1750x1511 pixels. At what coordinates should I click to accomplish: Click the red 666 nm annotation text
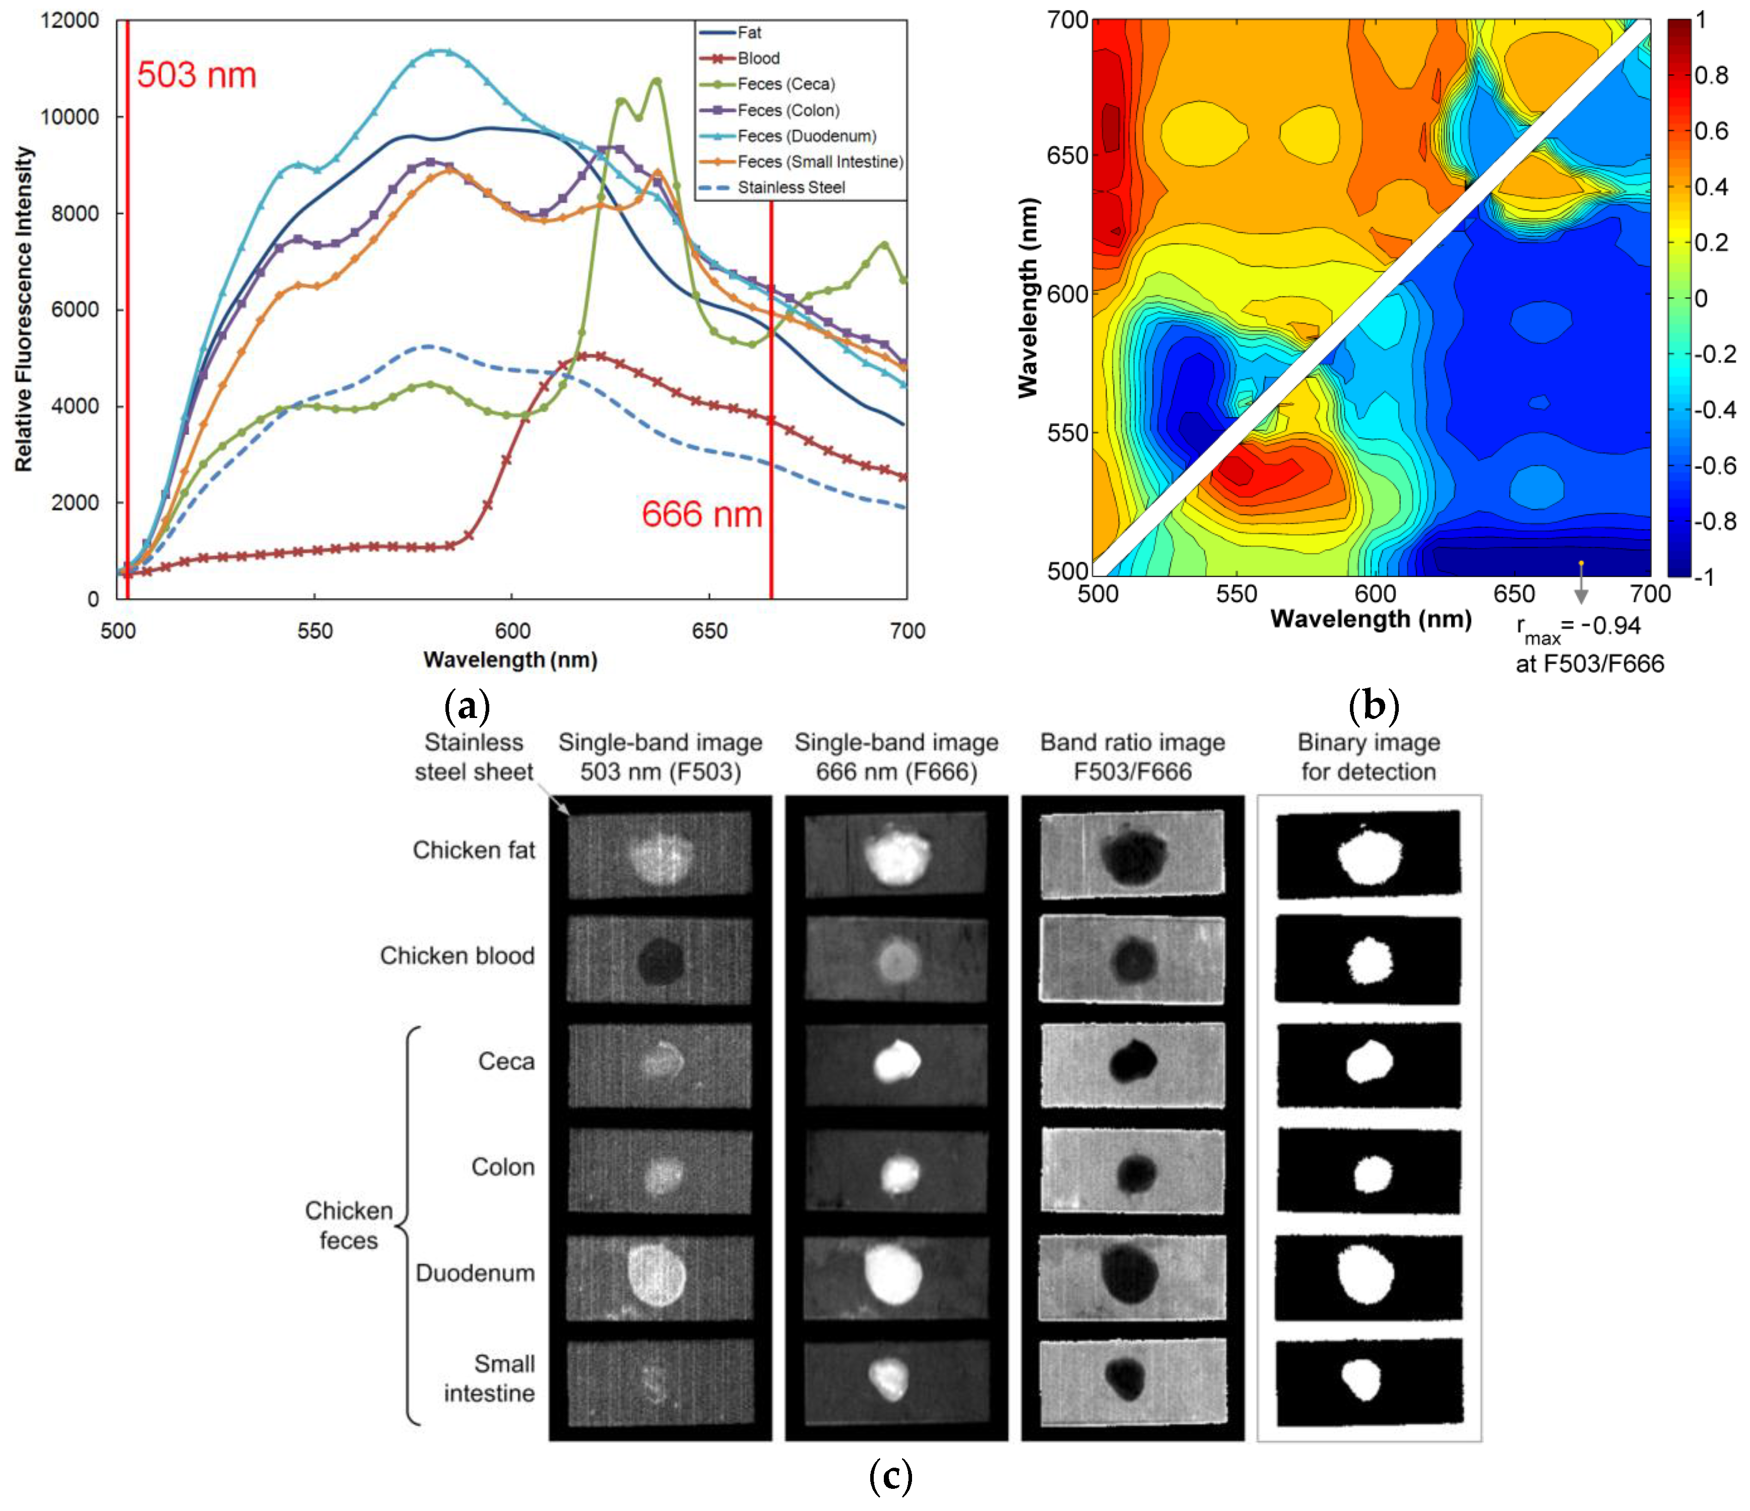[x=702, y=514]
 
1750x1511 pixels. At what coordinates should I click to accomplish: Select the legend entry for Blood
[x=758, y=58]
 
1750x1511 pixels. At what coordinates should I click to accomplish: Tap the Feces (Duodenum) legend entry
[x=807, y=136]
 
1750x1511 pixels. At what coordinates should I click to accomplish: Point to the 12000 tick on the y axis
[x=69, y=20]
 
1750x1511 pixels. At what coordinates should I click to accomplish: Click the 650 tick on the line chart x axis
[x=708, y=631]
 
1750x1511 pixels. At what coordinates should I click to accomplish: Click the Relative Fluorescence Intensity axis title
[x=24, y=309]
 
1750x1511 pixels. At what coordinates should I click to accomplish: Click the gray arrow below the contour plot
[x=1581, y=594]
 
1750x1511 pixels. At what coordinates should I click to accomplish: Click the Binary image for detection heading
[x=1368, y=757]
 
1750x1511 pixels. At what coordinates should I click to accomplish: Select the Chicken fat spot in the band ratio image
[x=1133, y=856]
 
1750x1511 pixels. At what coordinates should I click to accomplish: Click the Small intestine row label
[x=490, y=1378]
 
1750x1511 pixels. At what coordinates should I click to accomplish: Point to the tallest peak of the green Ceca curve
[x=656, y=81]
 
